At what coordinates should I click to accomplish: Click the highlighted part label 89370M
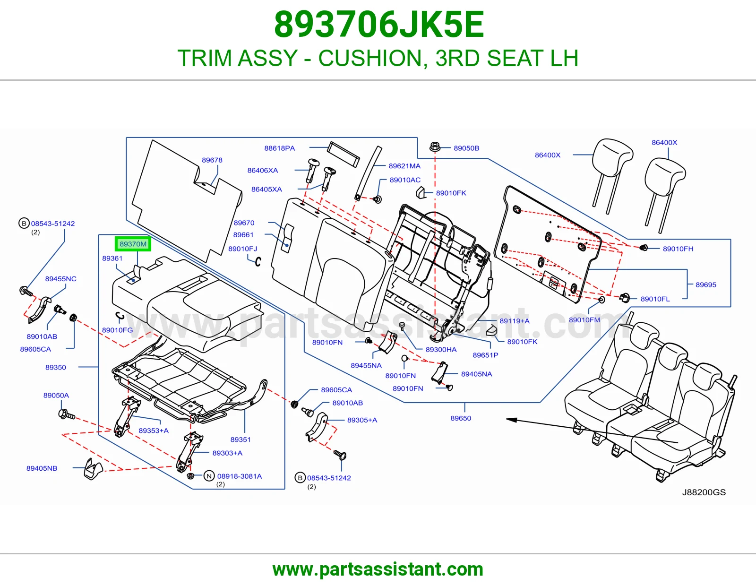133,244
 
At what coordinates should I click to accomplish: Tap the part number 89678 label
212,160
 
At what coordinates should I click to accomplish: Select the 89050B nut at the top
435,147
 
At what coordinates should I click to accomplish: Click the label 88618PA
279,148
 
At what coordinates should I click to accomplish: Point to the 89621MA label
404,166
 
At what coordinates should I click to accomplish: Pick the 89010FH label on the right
678,249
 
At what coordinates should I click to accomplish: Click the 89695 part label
706,284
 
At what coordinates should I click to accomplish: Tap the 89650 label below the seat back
461,418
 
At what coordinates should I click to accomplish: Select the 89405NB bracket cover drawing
93,469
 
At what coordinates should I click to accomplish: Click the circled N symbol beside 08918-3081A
209,476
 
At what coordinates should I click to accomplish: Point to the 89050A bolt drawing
66,414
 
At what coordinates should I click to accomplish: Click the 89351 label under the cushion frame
241,439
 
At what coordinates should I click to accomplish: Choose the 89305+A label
362,420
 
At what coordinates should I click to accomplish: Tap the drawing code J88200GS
704,492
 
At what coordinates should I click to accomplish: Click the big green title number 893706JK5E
379,25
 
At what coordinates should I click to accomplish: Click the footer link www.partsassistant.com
378,569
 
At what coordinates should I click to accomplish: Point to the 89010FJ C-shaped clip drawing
258,262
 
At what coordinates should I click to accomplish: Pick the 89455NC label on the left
60,279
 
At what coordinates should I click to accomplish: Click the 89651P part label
485,355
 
